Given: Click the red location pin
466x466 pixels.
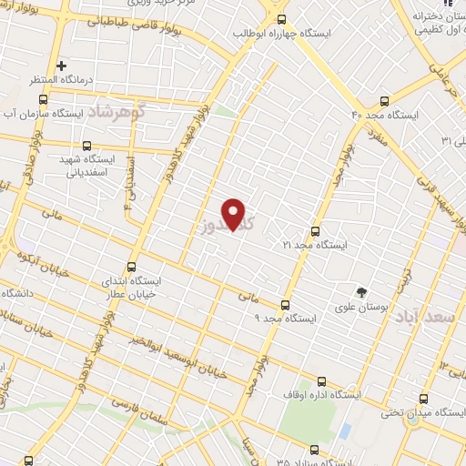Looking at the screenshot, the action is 235,214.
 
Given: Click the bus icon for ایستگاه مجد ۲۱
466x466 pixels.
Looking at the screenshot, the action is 316,231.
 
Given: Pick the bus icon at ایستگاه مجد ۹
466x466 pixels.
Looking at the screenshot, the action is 285,305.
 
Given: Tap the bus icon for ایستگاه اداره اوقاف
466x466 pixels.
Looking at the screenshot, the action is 320,382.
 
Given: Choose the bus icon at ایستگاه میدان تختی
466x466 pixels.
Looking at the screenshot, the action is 424,400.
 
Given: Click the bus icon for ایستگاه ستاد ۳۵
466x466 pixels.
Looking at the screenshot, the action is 315,450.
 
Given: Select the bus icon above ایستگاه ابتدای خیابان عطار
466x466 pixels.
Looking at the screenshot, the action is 132,267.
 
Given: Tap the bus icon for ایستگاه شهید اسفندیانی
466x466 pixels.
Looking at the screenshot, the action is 87,145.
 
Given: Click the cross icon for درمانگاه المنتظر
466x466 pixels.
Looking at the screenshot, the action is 61,66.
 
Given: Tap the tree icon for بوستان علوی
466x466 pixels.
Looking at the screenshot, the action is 363,292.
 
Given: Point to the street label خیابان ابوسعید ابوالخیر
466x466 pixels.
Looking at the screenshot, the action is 172,353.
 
